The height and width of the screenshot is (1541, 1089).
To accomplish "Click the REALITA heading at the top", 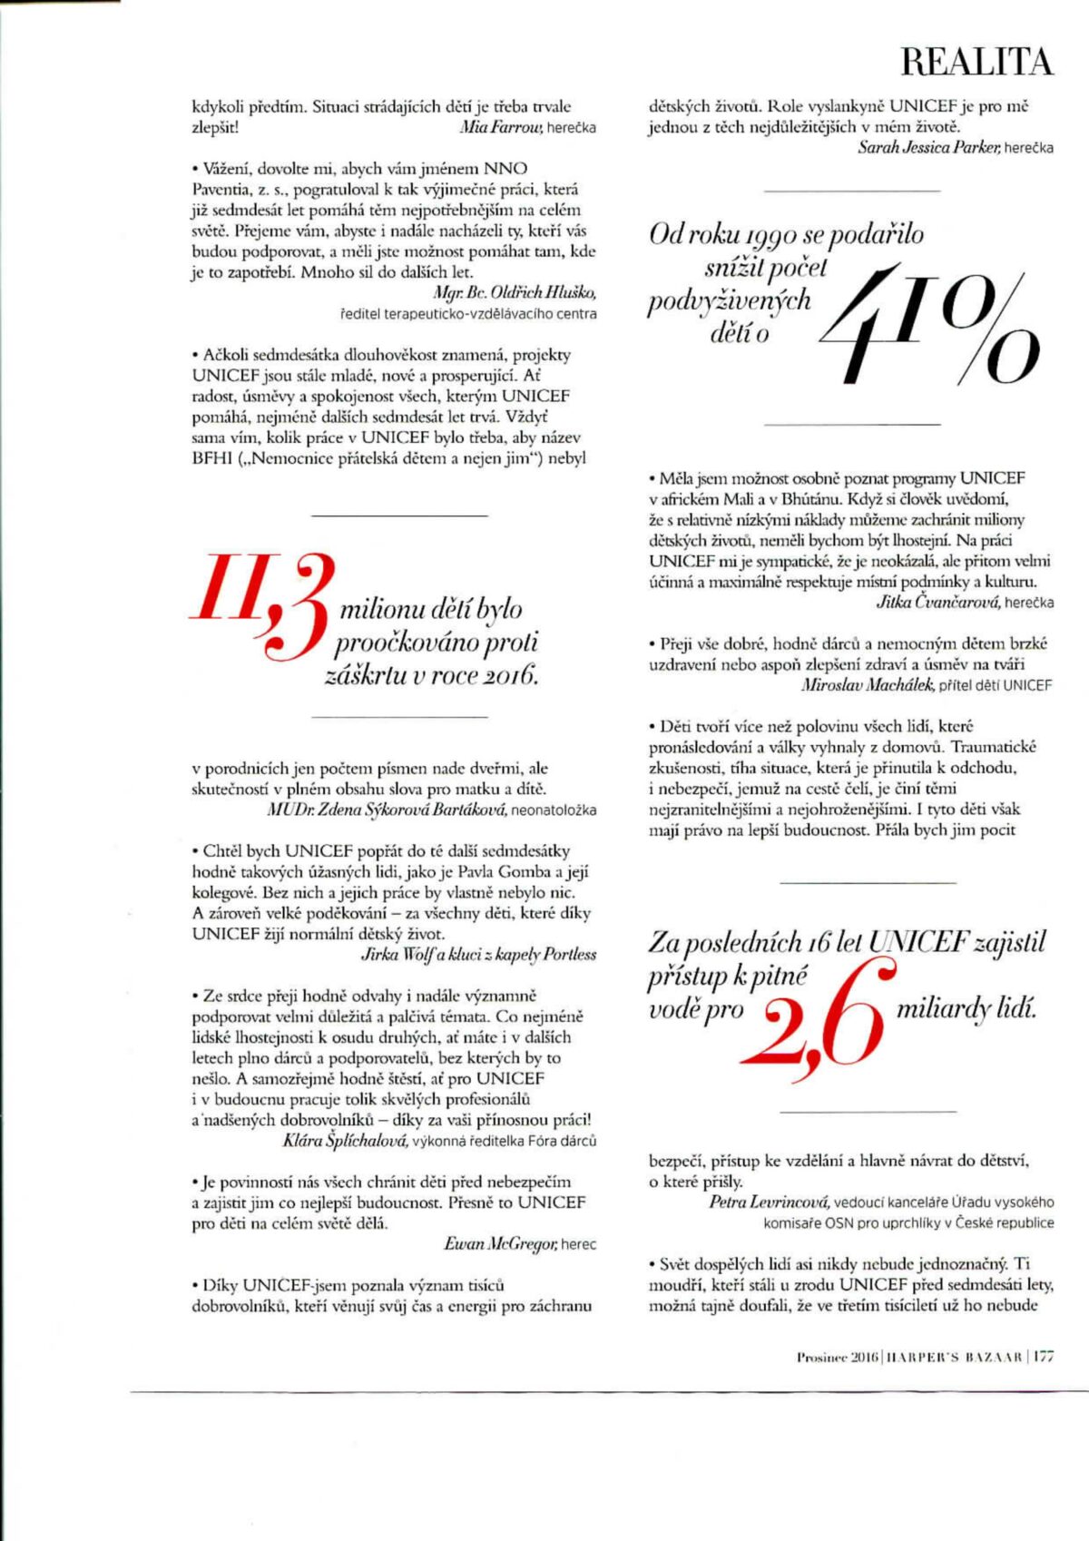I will [976, 62].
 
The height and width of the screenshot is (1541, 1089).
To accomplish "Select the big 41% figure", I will [930, 322].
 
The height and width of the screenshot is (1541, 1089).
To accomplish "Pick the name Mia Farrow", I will [501, 128].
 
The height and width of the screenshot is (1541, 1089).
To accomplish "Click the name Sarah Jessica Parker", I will [928, 148].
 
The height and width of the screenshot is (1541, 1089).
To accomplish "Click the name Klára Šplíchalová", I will [344, 1141].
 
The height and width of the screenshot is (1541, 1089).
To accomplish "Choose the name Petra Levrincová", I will [769, 1202].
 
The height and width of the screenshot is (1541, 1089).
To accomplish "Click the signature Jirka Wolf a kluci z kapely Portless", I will [478, 955].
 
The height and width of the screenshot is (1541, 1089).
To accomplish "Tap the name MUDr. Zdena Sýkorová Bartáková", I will [387, 810].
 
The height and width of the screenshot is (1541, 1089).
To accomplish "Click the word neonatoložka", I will [554, 810].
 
